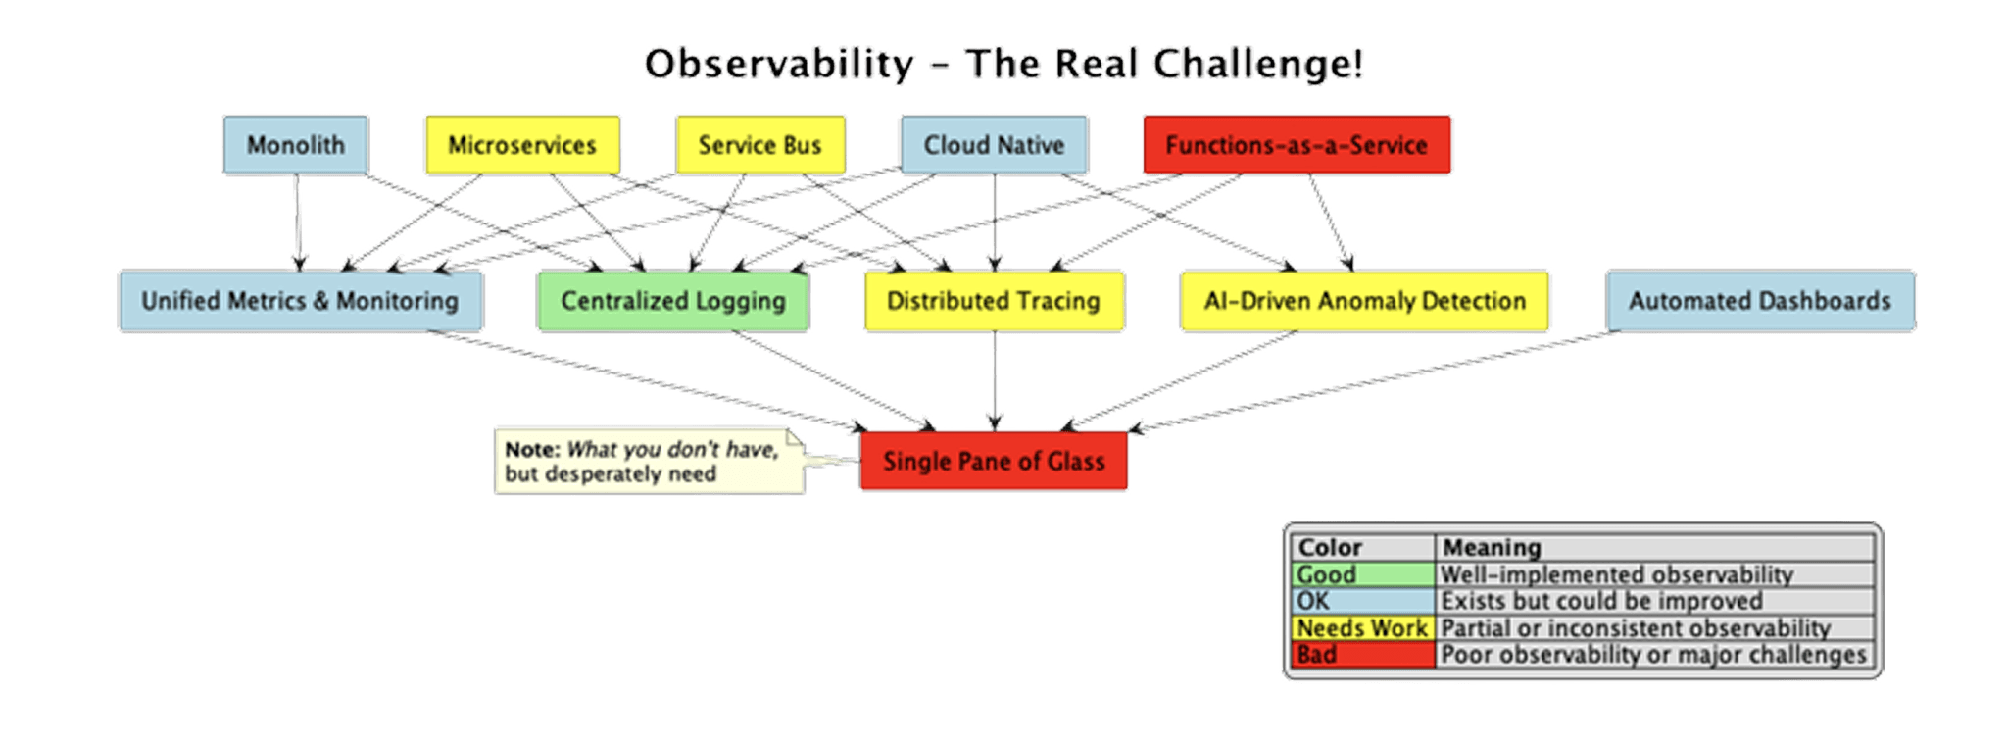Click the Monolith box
(x=295, y=145)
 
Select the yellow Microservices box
(x=522, y=145)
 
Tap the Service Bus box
(x=760, y=145)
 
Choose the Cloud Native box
(x=994, y=145)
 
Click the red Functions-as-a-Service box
(x=1297, y=145)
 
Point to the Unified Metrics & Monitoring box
(x=300, y=301)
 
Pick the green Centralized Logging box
(x=673, y=301)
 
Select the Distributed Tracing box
(x=994, y=301)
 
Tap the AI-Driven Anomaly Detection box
(x=1365, y=301)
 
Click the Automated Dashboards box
(x=1760, y=301)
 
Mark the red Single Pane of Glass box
(x=994, y=461)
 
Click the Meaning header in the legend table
(x=1493, y=547)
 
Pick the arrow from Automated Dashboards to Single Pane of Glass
(x=1372, y=382)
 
